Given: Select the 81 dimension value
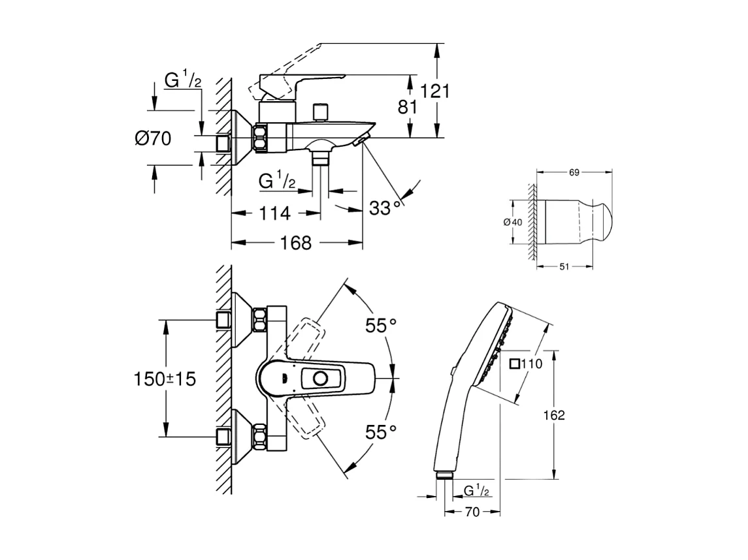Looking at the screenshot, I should [x=408, y=106].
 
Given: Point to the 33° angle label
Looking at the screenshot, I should [x=385, y=208].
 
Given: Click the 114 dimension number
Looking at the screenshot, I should [x=274, y=213].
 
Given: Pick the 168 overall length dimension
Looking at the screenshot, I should [x=296, y=243].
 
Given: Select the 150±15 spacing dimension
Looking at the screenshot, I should [x=165, y=379].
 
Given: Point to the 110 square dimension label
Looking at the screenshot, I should [x=527, y=364].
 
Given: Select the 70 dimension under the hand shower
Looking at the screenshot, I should [x=472, y=512].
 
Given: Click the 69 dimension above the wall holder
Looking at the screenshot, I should [x=574, y=172].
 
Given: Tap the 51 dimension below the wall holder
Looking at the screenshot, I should [x=564, y=266].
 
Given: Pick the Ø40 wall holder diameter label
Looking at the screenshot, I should [x=513, y=222].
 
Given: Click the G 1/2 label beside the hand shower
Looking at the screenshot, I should [x=478, y=490].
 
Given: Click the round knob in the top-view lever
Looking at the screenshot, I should [x=321, y=379].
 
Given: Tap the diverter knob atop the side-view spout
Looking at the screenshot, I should [x=320, y=112].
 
